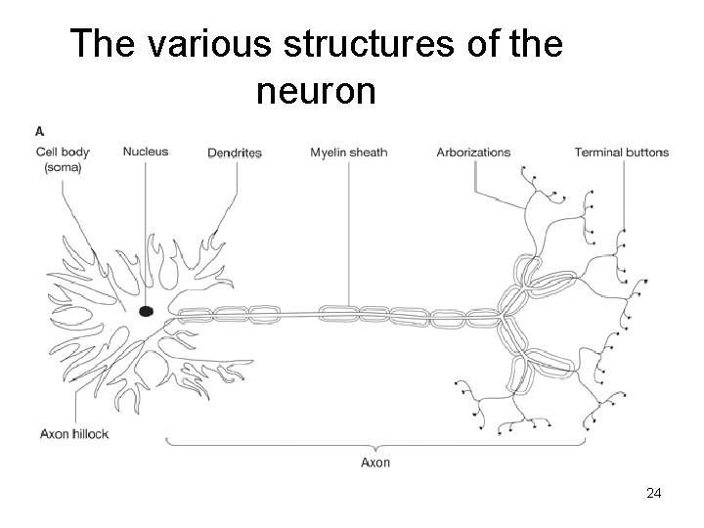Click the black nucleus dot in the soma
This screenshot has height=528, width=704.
[x=146, y=312]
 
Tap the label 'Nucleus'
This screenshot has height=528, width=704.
[x=146, y=152]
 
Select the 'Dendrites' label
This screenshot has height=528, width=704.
[x=235, y=153]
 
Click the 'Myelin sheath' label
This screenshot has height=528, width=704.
[x=349, y=153]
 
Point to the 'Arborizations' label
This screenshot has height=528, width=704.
[x=473, y=153]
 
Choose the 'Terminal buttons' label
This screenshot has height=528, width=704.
[x=621, y=153]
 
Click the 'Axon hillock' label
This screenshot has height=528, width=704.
[x=73, y=433]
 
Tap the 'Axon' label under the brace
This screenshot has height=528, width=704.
[x=374, y=462]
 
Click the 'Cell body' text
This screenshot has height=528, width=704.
[x=63, y=152]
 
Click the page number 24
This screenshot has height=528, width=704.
[x=654, y=495]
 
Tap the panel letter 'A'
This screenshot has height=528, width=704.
[x=40, y=130]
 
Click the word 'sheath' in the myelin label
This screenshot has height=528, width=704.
[x=369, y=153]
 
